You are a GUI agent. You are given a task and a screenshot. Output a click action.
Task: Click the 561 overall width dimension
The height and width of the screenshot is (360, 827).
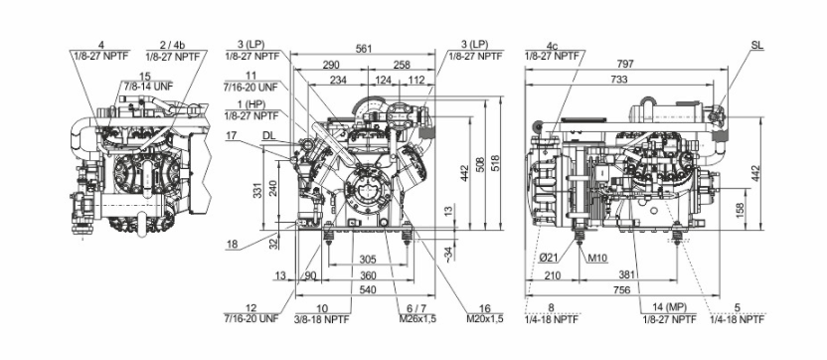(x=364, y=49)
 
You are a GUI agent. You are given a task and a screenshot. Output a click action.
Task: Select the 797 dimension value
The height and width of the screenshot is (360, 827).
(x=625, y=64)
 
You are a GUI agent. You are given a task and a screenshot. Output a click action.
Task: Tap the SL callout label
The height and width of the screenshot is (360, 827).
(x=757, y=46)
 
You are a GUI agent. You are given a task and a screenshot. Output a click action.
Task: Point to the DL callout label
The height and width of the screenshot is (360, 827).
(x=269, y=135)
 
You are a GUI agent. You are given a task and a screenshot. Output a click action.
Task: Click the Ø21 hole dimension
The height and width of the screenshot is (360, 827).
(x=550, y=257)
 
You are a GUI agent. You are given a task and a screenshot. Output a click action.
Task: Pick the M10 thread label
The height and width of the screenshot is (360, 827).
(x=598, y=258)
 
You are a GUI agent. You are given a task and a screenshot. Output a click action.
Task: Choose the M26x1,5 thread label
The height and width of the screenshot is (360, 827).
(x=417, y=319)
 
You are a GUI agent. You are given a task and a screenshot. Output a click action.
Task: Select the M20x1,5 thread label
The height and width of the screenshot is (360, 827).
(x=485, y=319)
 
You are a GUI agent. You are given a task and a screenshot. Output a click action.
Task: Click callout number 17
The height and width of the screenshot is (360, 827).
(x=232, y=135)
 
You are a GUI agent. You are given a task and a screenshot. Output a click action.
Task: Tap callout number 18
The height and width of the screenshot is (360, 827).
(x=232, y=244)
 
